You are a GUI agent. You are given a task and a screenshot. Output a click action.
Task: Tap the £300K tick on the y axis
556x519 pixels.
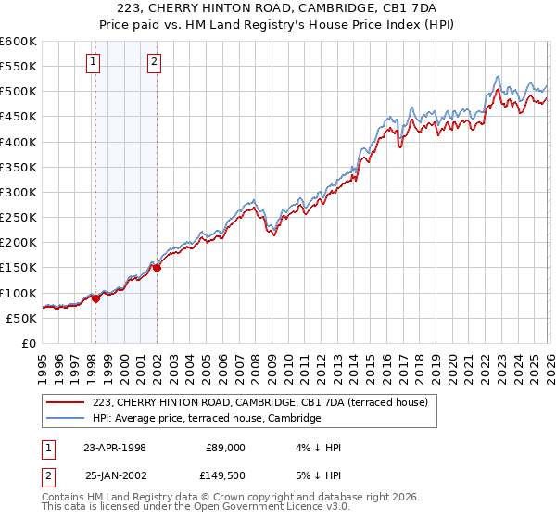click(x=18, y=192)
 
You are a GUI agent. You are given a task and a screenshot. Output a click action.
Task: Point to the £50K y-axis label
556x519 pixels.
click(x=20, y=318)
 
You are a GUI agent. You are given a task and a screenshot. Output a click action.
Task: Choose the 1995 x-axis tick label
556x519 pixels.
click(x=43, y=367)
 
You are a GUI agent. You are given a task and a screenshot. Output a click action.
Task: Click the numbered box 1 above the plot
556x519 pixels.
click(x=95, y=63)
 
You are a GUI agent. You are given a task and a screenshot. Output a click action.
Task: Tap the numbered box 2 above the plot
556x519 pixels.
click(x=154, y=63)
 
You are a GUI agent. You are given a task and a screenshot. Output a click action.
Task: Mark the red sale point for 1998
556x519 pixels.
click(x=95, y=298)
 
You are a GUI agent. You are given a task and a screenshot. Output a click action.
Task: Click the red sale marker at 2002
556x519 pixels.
click(x=157, y=268)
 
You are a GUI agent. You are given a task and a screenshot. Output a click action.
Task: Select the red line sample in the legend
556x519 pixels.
click(x=65, y=403)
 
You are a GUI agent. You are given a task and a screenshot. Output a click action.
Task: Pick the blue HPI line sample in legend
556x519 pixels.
click(x=65, y=419)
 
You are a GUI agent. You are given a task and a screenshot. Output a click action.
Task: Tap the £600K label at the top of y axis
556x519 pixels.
click(x=18, y=42)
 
